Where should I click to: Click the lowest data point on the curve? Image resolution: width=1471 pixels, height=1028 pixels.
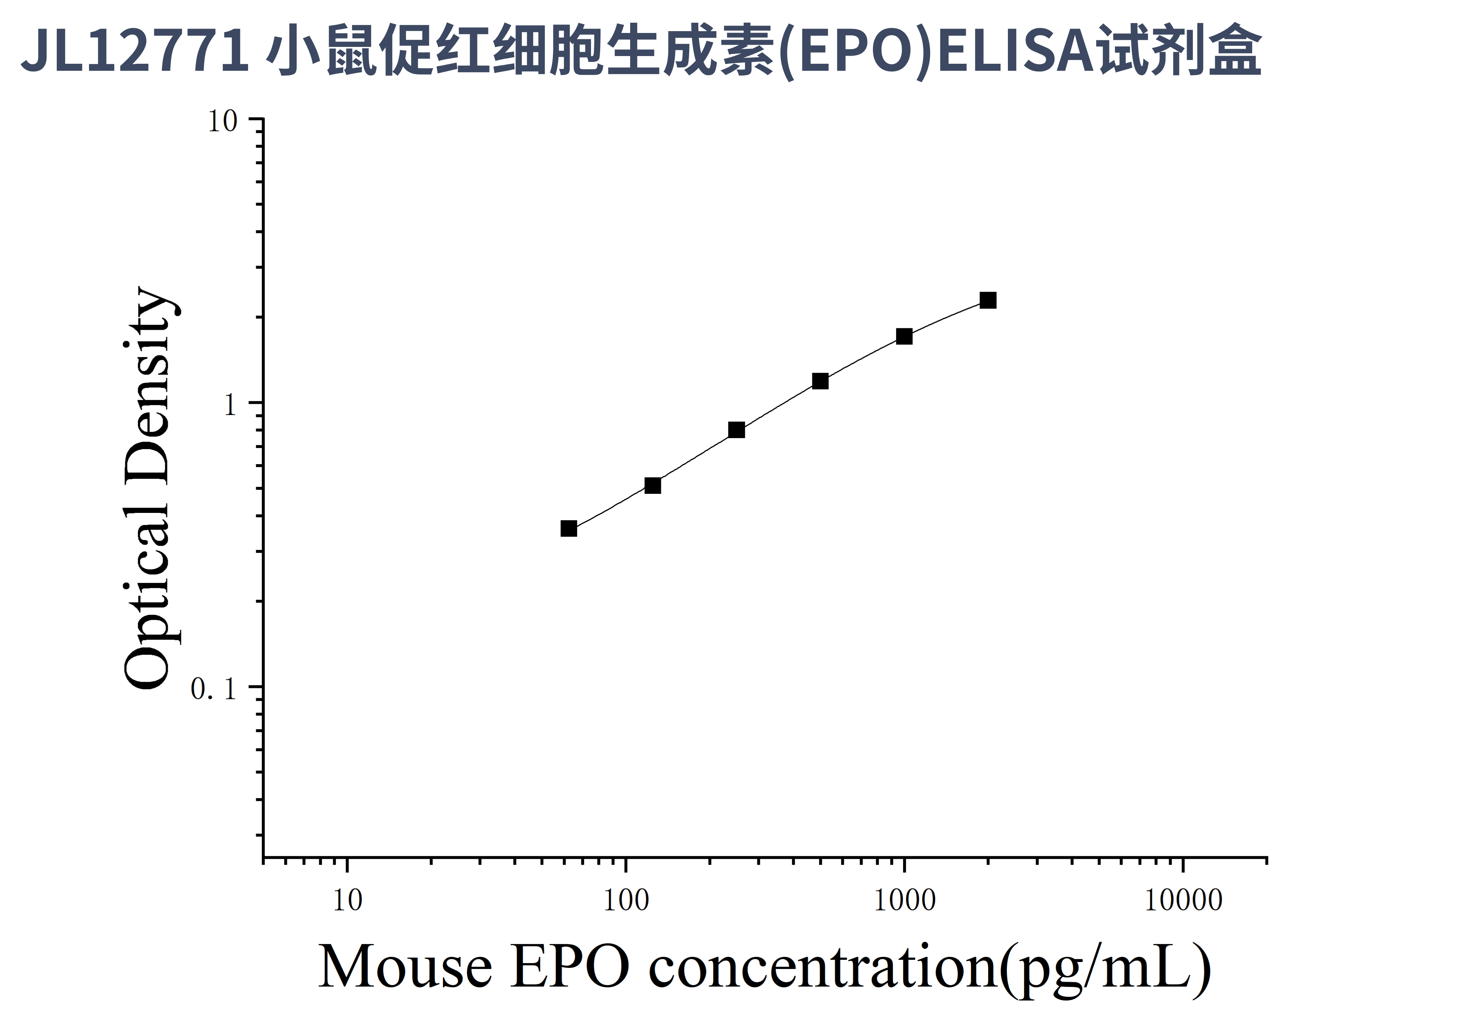pyautogui.click(x=568, y=528)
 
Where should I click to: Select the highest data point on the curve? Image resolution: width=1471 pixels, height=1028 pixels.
pyautogui.click(x=988, y=300)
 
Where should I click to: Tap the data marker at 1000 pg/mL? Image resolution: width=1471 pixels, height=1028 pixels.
pyautogui.click(x=904, y=336)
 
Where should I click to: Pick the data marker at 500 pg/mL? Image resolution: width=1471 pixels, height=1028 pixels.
pyautogui.click(x=820, y=381)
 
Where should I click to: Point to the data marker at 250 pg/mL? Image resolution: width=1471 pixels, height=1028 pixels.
pyautogui.click(x=737, y=430)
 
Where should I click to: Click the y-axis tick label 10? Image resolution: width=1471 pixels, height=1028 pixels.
pyautogui.click(x=222, y=121)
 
